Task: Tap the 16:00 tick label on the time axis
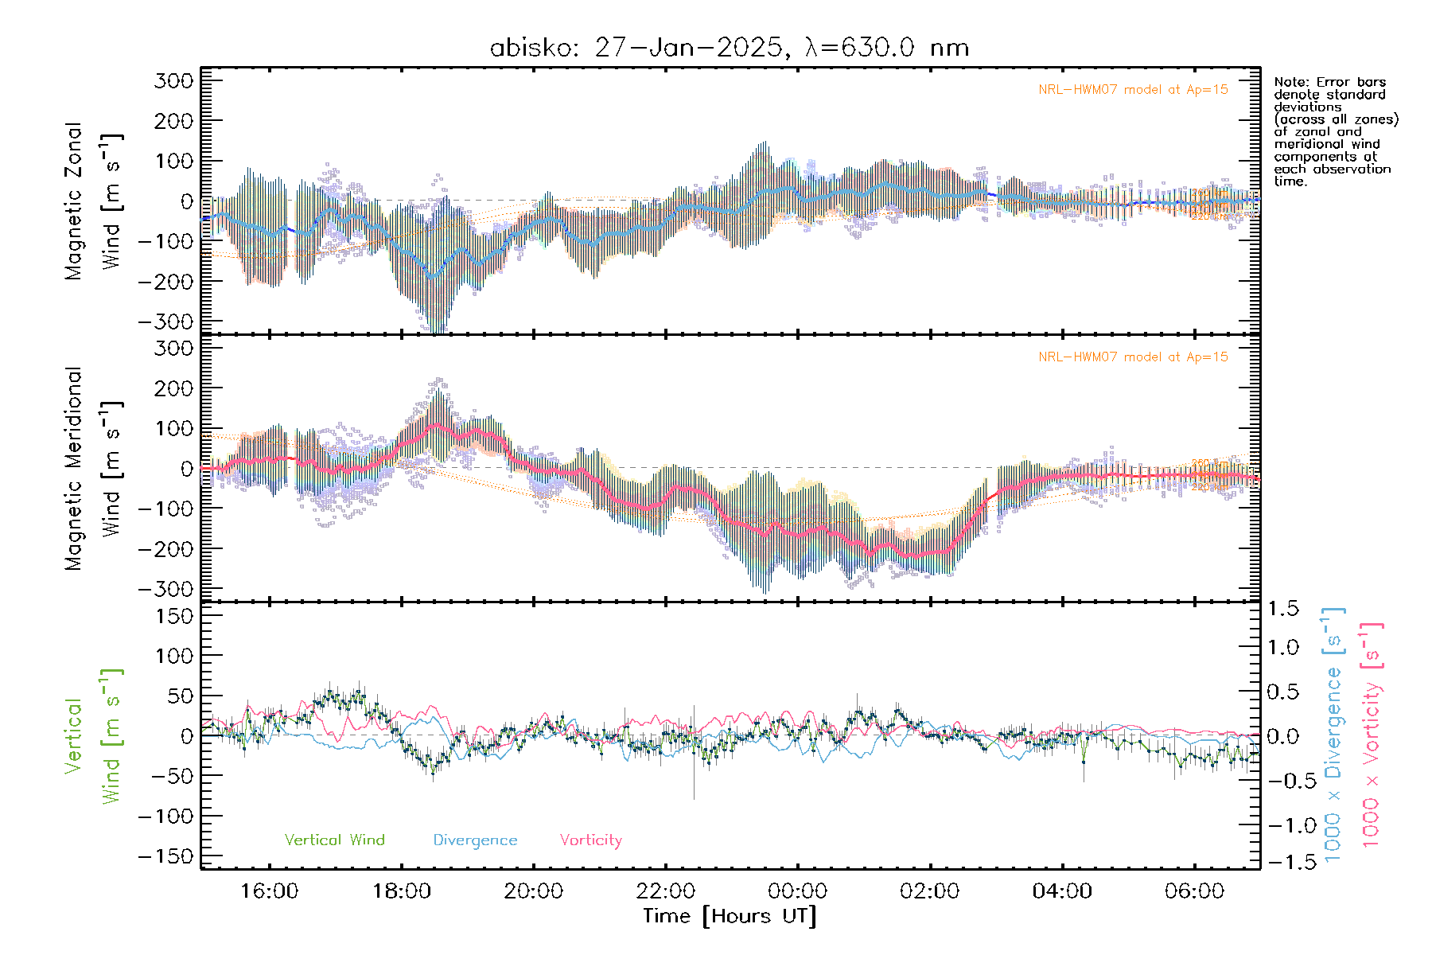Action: pyautogui.click(x=269, y=891)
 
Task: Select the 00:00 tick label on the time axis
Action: pyautogui.click(x=798, y=891)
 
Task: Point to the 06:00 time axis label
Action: pyautogui.click(x=1194, y=891)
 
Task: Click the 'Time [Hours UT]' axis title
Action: pyautogui.click(x=730, y=916)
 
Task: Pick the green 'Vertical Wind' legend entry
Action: pyautogui.click(x=334, y=840)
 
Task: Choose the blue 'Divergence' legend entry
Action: pyautogui.click(x=475, y=840)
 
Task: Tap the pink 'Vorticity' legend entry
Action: pyautogui.click(x=590, y=840)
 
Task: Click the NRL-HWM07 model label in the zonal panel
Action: pyautogui.click(x=1133, y=90)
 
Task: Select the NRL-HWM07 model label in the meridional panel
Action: pyautogui.click(x=1133, y=357)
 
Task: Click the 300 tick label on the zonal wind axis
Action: pyautogui.click(x=174, y=80)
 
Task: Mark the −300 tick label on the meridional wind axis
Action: pyautogui.click(x=166, y=589)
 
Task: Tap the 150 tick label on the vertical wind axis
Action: pyautogui.click(x=174, y=615)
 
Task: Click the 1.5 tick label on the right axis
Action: pyautogui.click(x=1282, y=609)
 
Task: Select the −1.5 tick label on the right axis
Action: pyautogui.click(x=1282, y=862)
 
